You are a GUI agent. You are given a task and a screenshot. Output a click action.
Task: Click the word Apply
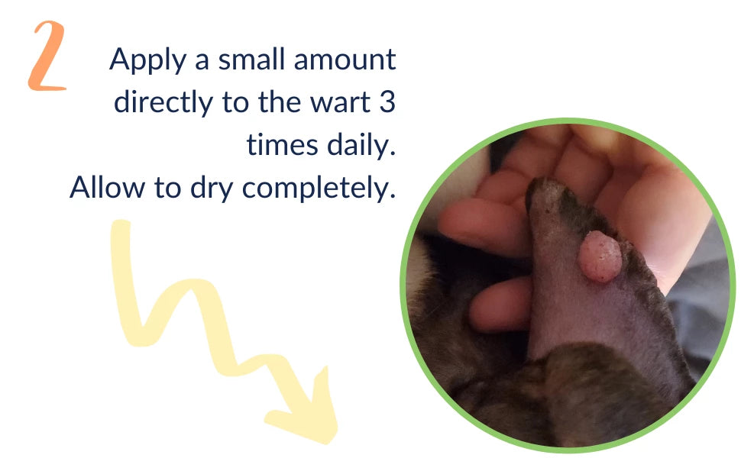[148, 62]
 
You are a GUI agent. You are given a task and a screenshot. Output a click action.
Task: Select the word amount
[345, 60]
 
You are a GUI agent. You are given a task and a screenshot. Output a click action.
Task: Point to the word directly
[163, 103]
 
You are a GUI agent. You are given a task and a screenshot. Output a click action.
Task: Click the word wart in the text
[340, 103]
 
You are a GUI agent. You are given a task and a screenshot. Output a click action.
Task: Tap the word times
[282, 144]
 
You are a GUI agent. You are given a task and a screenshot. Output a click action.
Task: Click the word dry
[212, 189]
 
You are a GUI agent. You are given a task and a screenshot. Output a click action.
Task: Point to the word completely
[319, 189]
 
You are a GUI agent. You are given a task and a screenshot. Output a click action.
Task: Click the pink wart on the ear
[599, 256]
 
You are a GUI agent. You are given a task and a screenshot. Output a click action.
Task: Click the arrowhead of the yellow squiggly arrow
[307, 411]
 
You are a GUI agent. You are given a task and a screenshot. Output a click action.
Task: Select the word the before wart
[279, 102]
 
